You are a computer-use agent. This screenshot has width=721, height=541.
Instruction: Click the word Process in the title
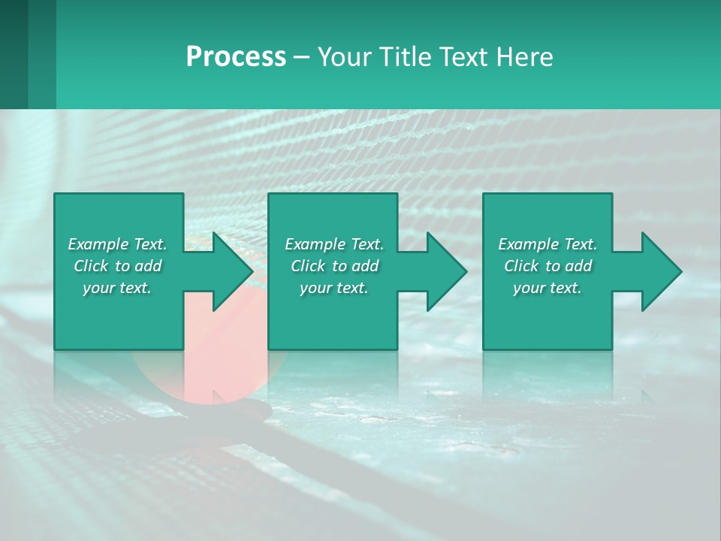click(236, 57)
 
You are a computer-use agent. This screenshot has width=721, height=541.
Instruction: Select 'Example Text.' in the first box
click(117, 244)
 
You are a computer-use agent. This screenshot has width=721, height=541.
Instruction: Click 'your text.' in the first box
click(117, 288)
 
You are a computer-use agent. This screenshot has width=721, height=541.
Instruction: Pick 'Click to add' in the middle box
click(334, 266)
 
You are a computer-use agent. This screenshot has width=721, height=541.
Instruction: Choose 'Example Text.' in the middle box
click(334, 244)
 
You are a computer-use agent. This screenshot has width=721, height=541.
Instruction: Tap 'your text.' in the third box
click(548, 288)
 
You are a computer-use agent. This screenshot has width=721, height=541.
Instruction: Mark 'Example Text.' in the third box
click(548, 244)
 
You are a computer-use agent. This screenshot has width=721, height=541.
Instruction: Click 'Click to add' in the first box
click(117, 266)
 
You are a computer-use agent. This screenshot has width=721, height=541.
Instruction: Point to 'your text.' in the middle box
click(334, 288)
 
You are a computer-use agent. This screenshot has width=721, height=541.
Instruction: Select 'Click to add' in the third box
click(548, 266)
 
